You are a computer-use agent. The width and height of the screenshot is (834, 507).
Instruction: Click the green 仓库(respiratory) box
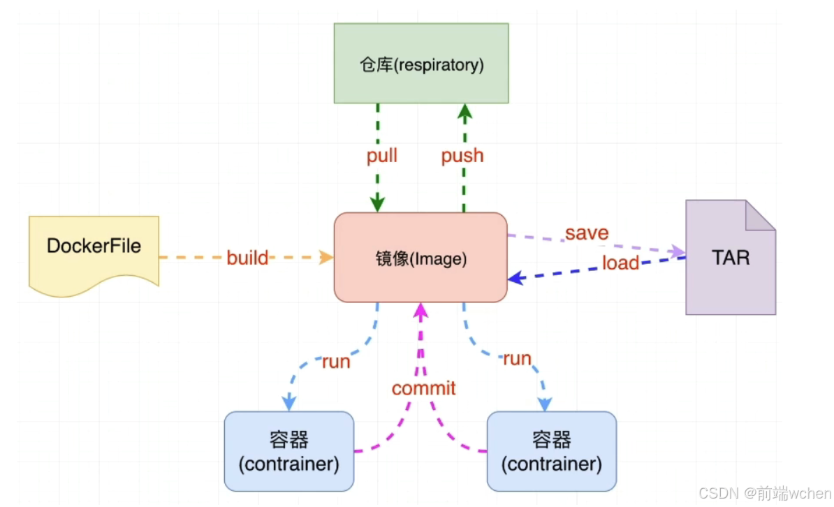click(x=420, y=64)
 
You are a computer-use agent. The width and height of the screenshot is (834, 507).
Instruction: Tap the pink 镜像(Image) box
click(x=420, y=258)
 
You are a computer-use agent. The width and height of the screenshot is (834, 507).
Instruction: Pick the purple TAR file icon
click(x=731, y=258)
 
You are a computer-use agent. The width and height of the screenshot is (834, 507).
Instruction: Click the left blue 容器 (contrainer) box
click(x=288, y=451)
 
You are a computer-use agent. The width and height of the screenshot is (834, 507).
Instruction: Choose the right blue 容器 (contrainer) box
click(x=552, y=451)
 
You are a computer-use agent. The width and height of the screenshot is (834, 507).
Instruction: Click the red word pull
click(x=382, y=156)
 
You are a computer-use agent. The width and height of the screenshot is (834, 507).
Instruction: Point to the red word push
click(x=462, y=156)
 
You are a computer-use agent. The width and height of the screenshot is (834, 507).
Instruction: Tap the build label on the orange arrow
click(x=247, y=258)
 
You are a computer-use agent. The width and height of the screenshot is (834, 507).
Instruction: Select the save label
click(x=587, y=233)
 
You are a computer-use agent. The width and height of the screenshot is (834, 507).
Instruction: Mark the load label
click(x=620, y=263)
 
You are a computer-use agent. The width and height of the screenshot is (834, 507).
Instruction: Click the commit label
click(x=423, y=388)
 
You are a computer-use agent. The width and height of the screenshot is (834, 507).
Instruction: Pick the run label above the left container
click(x=335, y=362)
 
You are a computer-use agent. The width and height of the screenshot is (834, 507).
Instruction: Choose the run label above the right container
click(x=517, y=358)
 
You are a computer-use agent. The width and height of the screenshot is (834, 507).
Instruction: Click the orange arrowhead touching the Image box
click(x=326, y=258)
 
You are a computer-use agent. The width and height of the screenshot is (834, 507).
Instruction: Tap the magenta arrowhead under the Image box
click(x=420, y=311)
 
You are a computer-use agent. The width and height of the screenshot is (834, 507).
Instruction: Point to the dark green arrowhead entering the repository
click(x=465, y=111)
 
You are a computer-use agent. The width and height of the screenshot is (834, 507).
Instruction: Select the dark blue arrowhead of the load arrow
click(x=515, y=278)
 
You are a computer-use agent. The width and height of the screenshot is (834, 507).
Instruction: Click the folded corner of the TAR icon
click(x=761, y=215)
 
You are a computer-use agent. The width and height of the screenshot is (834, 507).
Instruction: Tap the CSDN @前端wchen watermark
click(x=765, y=493)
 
